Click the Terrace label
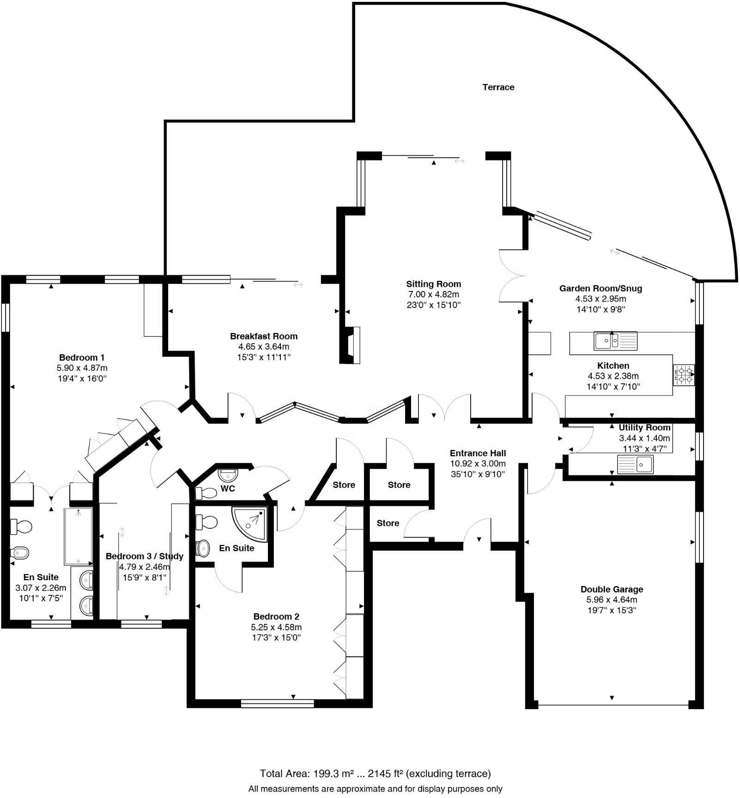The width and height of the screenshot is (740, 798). pos(498,87)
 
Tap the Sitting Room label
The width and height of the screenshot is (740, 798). pos(433,284)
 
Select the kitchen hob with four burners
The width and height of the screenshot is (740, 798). pos(684,375)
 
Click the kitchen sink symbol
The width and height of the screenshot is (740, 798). pos(615,341)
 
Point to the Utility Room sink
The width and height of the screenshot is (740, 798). pos(635,464)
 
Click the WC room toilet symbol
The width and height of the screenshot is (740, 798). pos(206,493)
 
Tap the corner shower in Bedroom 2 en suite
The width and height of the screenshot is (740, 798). pos(250,523)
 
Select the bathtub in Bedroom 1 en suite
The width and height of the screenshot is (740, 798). pos(78,536)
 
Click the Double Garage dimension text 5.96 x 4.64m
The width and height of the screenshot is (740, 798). pos(612,600)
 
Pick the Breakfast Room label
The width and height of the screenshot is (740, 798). pos(263,336)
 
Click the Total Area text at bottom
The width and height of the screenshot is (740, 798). pos(375,774)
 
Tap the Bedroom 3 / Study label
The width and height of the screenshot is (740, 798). pos(144,556)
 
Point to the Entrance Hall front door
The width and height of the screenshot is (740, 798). pos(477,536)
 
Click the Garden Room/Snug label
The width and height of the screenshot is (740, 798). pos(600,289)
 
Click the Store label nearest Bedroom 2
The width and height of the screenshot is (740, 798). pos(344,485)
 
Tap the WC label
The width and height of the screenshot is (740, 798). pos(228,489)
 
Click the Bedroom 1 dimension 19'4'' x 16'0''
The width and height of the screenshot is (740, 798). pos(82,379)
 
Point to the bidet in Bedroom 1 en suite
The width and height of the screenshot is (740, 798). pos(20,552)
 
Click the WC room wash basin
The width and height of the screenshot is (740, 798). pos(228,475)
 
